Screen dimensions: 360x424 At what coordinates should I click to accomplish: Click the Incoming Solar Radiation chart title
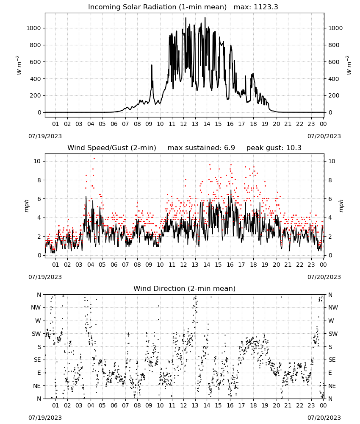[157, 7]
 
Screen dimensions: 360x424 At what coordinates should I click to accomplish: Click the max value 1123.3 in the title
[266, 7]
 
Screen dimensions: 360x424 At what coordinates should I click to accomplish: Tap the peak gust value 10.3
[294, 148]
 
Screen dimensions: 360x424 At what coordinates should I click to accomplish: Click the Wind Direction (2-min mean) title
[185, 288]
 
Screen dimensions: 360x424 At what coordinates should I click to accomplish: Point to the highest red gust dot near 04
[94, 159]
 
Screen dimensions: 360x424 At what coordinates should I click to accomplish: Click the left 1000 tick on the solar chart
[33, 28]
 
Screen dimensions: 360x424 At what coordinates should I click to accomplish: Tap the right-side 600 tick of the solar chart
[334, 62]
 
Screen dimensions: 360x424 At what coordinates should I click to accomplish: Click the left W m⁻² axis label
[19, 65]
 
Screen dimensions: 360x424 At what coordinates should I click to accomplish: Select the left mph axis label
[26, 206]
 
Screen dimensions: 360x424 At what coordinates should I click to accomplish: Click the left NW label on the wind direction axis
[36, 307]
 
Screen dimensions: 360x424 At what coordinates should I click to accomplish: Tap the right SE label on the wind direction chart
[332, 360]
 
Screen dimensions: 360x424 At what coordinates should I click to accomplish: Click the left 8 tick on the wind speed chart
[39, 180]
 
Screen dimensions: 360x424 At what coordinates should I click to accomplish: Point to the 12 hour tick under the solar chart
[183, 124]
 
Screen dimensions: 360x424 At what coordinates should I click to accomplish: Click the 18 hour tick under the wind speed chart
[253, 265]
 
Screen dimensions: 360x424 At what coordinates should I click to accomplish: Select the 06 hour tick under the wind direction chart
[114, 405]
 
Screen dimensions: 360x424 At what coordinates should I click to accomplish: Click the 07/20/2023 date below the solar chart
[324, 136]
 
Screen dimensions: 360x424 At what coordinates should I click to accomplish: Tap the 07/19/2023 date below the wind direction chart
[45, 418]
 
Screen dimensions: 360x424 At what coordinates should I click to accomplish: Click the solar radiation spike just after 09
[152, 65]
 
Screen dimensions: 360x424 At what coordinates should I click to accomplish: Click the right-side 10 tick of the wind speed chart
[332, 161]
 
